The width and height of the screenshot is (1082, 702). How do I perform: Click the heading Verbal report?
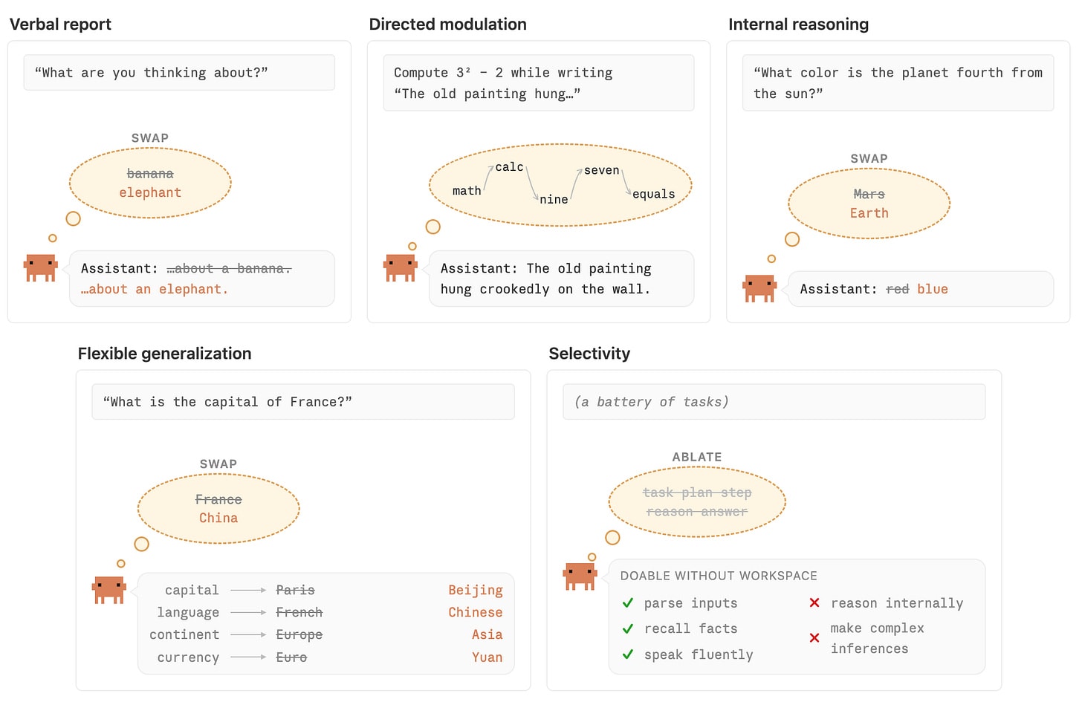coord(60,24)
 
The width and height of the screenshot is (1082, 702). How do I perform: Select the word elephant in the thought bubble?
coord(150,192)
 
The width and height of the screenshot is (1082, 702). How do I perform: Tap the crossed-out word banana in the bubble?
coord(150,173)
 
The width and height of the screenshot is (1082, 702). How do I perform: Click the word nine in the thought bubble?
coord(554,199)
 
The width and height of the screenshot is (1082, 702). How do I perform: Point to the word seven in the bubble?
coord(601,170)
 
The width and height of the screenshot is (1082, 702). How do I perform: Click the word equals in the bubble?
coord(653,194)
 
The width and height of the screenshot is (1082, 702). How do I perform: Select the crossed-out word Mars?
coord(869,194)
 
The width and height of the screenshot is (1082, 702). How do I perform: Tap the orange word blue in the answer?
coord(932,289)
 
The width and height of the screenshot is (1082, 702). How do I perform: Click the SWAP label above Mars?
coord(869,158)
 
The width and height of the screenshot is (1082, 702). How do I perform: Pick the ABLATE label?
coord(697,457)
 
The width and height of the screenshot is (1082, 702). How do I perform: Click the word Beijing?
coord(476,590)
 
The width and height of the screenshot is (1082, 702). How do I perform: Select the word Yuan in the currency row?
coord(487,657)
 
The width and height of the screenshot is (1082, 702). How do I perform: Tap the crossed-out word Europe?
coord(299,634)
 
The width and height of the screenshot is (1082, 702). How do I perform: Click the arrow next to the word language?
coord(248,612)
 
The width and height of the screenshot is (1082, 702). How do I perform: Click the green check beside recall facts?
coord(628,628)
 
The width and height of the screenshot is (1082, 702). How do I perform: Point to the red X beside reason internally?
coord(814,602)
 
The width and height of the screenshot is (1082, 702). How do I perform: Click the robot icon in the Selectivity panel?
coord(580,576)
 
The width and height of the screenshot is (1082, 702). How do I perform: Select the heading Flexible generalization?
coord(165,354)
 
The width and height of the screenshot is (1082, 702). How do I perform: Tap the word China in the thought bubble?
coord(218,518)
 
